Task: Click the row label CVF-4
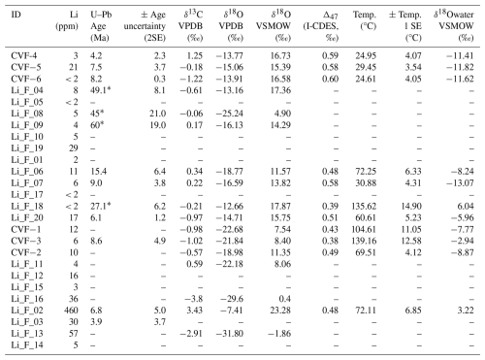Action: pyautogui.click(x=23, y=55)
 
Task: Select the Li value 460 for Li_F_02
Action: pyautogui.click(x=71, y=311)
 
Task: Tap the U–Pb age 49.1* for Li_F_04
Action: pyautogui.click(x=100, y=90)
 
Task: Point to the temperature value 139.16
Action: pyautogui.click(x=364, y=241)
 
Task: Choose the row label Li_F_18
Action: pyautogui.click(x=27, y=206)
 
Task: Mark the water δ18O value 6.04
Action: pyautogui.click(x=465, y=206)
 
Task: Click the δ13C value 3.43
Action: pyautogui.click(x=194, y=311)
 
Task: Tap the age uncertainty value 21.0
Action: pyautogui.click(x=158, y=114)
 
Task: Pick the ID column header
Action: pyautogui.click(x=16, y=15)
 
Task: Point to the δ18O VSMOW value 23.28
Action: pyautogui.click(x=280, y=311)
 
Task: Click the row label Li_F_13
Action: pyautogui.click(x=27, y=333)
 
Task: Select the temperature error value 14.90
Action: pyautogui.click(x=411, y=206)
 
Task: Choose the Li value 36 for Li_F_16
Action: pyautogui.click(x=74, y=299)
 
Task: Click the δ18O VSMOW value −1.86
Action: pyautogui.click(x=279, y=333)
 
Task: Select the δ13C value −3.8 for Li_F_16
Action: pyautogui.click(x=193, y=299)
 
